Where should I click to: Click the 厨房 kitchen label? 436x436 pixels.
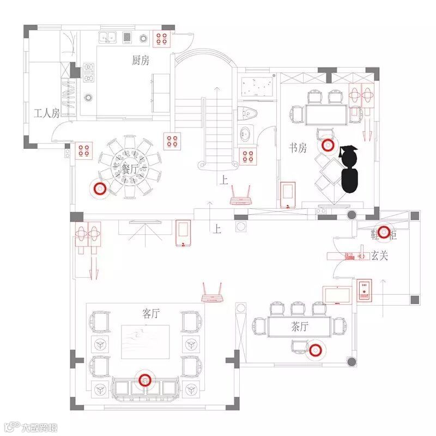(x=140, y=60)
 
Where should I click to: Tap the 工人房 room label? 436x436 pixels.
(x=46, y=113)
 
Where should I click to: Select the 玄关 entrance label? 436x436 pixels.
(x=379, y=255)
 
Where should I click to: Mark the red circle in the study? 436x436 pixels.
(x=328, y=146)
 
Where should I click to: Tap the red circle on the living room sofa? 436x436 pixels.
(x=144, y=380)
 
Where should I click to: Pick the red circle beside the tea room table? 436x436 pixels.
(x=314, y=351)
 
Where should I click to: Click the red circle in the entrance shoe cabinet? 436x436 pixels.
(x=384, y=232)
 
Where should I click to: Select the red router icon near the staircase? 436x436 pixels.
(x=240, y=196)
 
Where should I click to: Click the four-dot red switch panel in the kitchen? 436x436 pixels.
(x=162, y=38)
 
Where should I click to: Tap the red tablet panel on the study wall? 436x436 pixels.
(x=287, y=194)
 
